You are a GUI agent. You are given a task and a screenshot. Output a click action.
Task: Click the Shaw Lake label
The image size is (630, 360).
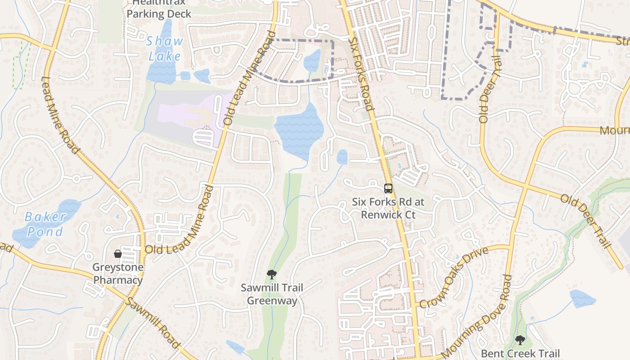tap(165, 49)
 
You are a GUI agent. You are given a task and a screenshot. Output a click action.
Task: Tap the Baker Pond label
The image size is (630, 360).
tap(45, 224)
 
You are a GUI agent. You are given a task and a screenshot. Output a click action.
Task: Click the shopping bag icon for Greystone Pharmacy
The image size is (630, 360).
tap(118, 254)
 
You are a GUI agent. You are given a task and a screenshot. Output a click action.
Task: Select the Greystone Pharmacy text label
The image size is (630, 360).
tap(118, 274)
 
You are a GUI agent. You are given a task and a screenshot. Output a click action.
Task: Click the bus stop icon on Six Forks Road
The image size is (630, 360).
tap(388, 188)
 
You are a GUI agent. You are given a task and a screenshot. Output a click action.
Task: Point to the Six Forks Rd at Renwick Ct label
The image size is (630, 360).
tap(388, 208)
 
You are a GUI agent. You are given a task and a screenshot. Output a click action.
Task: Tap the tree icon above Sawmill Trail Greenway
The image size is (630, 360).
tap(271, 274)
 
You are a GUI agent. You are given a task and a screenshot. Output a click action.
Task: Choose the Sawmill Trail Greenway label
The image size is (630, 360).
tap(272, 294)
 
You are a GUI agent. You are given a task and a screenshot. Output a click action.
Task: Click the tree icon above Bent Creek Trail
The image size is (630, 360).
tap(520, 340)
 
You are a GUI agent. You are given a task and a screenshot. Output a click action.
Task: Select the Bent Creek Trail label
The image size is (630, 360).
tap(520, 354)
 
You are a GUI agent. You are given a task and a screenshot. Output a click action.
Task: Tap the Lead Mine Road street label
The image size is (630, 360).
tap(60, 114)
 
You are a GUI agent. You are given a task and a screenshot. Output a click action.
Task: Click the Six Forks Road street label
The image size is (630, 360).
tap(361, 74)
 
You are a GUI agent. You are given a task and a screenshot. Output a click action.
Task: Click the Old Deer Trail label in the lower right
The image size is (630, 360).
tap(585, 221)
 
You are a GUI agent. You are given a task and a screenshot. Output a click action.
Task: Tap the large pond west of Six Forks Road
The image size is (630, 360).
tap(299, 128)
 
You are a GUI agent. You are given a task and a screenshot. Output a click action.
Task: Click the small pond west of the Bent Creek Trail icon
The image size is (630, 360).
tap(582, 298)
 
